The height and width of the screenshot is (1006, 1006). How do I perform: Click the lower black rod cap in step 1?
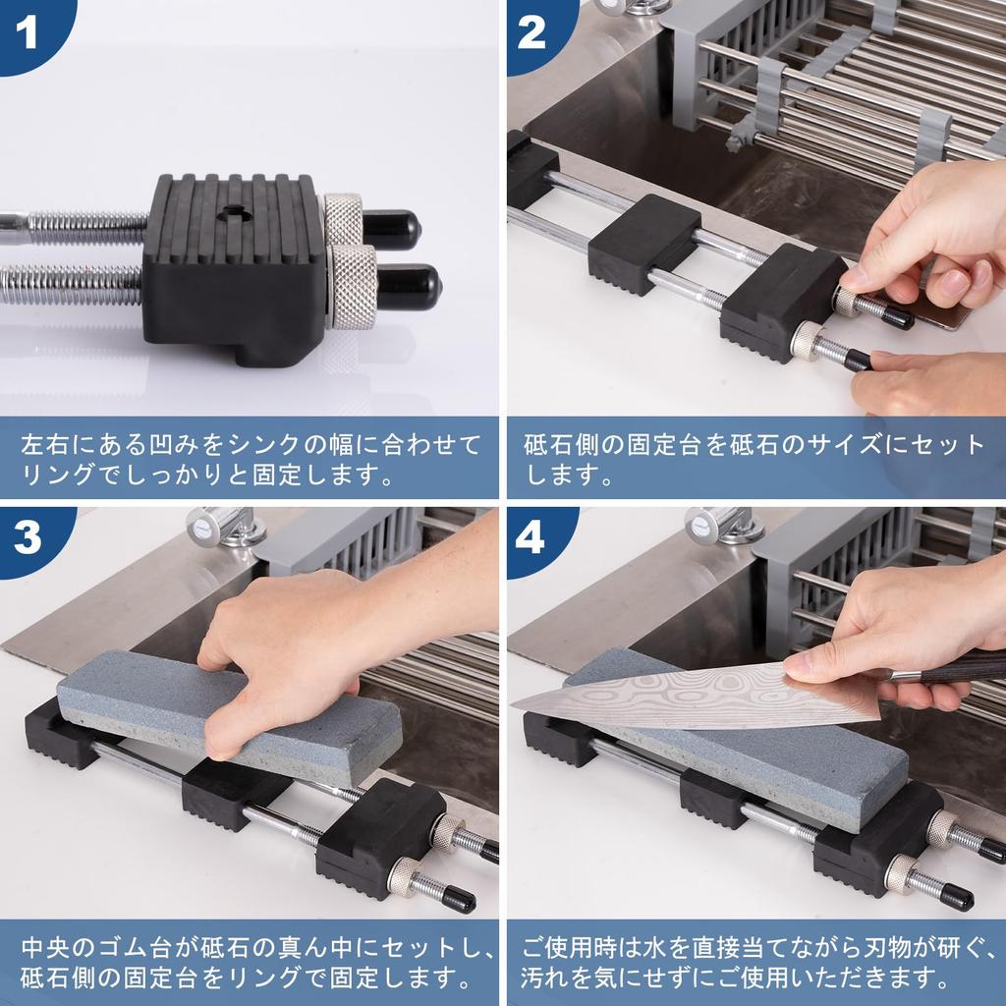coord(409,286)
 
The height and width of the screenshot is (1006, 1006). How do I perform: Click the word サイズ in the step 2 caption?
coord(844,445)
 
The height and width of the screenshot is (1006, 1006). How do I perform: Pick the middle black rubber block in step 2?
coord(643,244)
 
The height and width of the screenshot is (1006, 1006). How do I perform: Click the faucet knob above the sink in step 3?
coord(212,526)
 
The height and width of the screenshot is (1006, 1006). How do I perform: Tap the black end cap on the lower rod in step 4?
coord(956,899)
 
